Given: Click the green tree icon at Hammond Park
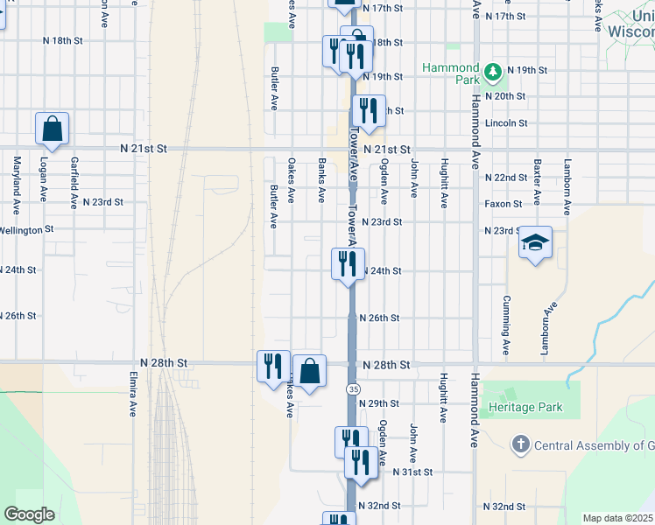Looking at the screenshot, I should tap(493, 70).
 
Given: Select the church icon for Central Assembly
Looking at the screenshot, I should tap(520, 444).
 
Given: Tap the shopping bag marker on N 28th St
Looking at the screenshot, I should tap(309, 371).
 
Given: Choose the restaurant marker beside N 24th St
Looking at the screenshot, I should tap(348, 262).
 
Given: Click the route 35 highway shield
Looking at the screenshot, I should tap(352, 388).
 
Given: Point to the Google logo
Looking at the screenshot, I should tap(29, 514).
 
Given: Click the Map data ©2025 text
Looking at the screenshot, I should tap(618, 518).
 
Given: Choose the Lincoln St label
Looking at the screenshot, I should tap(506, 123).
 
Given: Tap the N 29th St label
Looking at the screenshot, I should tap(384, 403).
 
